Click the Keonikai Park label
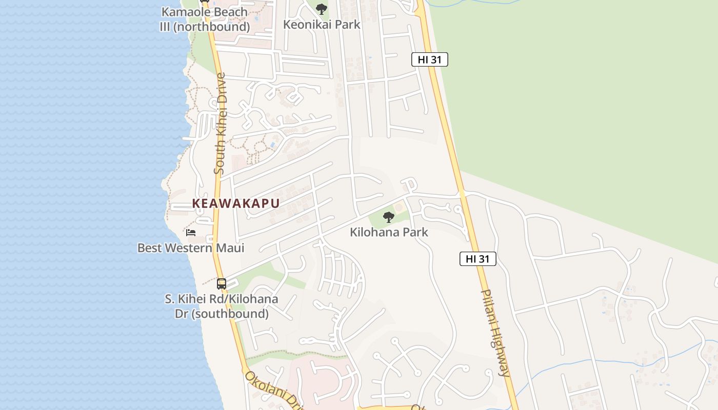point(322,24)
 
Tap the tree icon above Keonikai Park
point(322,9)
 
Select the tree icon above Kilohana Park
point(389,217)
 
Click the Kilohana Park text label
point(389,232)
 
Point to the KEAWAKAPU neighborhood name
point(236,203)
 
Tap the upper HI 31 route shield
point(430,59)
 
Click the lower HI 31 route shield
point(477,259)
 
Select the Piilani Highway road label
point(494,333)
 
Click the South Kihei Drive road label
point(220,124)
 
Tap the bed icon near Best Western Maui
point(191,233)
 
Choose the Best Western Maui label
point(191,248)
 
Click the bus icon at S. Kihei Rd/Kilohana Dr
point(222,283)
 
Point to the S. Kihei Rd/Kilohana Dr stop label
point(222,306)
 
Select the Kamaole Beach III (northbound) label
point(204,19)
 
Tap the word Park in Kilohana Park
point(415,232)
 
